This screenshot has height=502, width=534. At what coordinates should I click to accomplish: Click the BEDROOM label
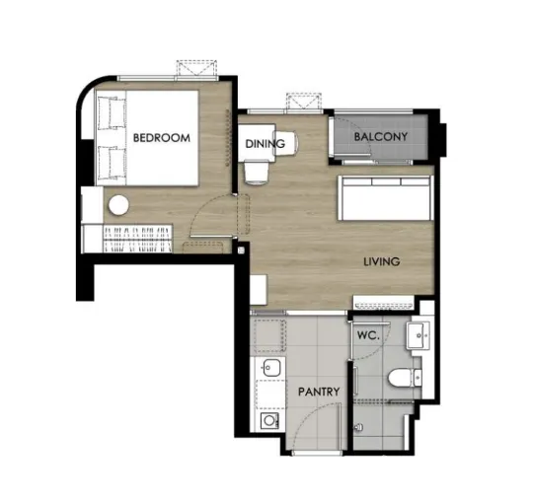coord(162,138)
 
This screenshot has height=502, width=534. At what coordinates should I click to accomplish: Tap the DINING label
coord(265,144)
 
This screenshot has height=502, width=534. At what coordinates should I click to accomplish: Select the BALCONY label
coord(381,136)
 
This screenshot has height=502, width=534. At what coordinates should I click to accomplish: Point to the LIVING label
coord(382,261)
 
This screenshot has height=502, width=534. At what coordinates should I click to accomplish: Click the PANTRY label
coord(319,392)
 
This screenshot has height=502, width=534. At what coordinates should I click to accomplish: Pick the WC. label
coord(368,335)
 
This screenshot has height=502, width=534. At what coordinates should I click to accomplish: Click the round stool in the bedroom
coord(118,205)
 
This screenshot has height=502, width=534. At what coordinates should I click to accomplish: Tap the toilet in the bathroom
coord(405,378)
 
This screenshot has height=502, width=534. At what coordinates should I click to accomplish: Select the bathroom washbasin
coord(419,336)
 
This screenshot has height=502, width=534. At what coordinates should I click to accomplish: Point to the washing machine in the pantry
coord(269,421)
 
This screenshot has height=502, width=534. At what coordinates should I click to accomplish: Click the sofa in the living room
coord(386,198)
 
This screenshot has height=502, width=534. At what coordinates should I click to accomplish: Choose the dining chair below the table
coord(257,173)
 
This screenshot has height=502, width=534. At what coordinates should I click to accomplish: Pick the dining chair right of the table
coord(287,143)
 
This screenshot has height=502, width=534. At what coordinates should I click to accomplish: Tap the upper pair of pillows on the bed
coord(113,113)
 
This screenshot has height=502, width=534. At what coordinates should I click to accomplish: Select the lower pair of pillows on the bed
coord(113,164)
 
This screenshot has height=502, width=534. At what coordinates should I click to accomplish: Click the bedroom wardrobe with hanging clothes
coord(137,240)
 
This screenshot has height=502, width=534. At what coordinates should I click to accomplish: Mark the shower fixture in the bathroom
coord(358,427)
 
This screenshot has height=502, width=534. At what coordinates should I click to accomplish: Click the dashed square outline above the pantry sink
coord(269,336)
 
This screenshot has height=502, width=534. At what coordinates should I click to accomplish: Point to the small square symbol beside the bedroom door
coord(242,251)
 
